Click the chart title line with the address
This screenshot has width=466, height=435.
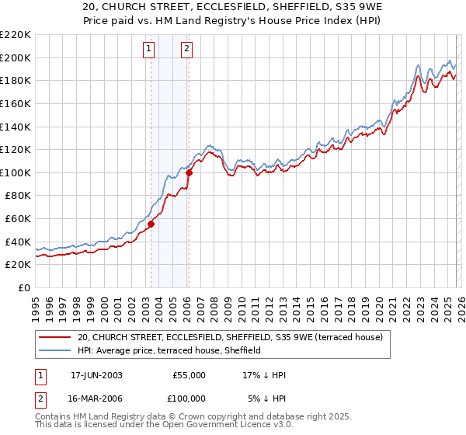click(232, 7)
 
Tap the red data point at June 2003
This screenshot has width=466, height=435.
click(151, 224)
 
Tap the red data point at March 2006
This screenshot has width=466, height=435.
click(189, 172)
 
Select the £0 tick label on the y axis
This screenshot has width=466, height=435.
click(24, 287)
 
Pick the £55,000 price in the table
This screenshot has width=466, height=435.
click(189, 375)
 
